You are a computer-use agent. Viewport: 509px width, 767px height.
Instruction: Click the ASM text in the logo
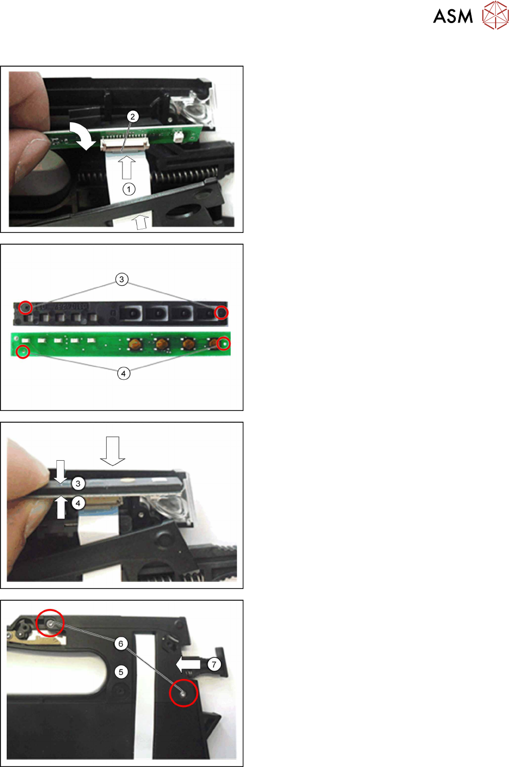[x=453, y=16]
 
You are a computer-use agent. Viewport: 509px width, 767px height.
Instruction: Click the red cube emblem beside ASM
[x=495, y=15]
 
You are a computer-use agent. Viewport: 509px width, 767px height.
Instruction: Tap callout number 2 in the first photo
[x=133, y=116]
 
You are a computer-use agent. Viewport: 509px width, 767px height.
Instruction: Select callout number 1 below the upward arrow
[x=129, y=189]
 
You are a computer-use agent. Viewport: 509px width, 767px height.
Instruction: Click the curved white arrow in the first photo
[x=82, y=135]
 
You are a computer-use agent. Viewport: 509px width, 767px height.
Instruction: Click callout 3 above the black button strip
[x=121, y=279]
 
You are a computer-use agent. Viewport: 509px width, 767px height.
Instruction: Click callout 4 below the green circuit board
[x=124, y=373]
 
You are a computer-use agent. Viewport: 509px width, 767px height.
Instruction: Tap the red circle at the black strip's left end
[x=25, y=307]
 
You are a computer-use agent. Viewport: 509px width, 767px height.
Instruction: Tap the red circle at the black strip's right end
[x=221, y=312]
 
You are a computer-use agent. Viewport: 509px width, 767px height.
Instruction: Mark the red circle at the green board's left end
[x=23, y=351]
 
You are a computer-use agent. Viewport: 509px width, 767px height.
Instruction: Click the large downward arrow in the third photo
[x=113, y=451]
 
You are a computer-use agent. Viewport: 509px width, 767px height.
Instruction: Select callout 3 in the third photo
[x=78, y=483]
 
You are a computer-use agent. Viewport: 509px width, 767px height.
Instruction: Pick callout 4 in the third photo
[x=78, y=503]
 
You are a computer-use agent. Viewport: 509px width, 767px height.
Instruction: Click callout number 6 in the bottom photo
[x=120, y=644]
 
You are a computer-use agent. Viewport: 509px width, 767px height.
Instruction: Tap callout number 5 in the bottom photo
[x=121, y=672]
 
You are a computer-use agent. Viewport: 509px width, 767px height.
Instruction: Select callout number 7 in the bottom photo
[x=214, y=664]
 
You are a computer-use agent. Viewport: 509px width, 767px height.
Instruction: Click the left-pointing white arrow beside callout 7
[x=188, y=664]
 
